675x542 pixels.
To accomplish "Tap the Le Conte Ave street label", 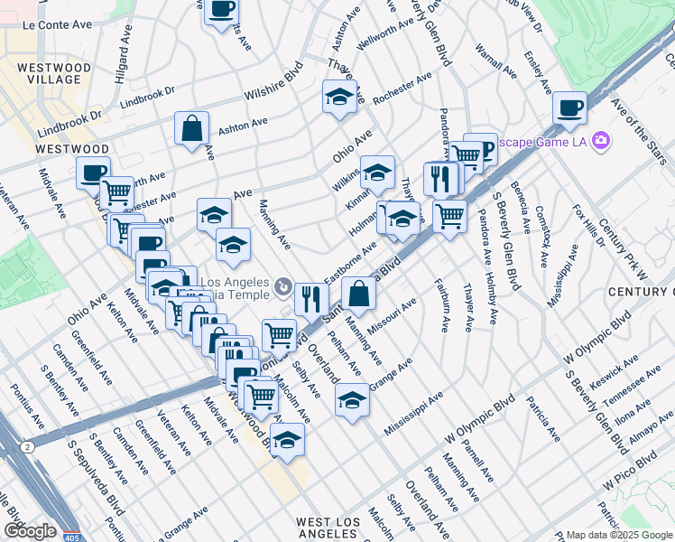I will coord(55,25).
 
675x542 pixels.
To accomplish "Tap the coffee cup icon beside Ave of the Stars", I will coord(569,108).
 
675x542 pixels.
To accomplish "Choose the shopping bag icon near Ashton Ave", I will coord(192,128).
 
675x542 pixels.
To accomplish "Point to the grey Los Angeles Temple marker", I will coord(282,287).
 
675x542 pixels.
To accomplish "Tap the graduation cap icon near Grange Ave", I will coord(352,399).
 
